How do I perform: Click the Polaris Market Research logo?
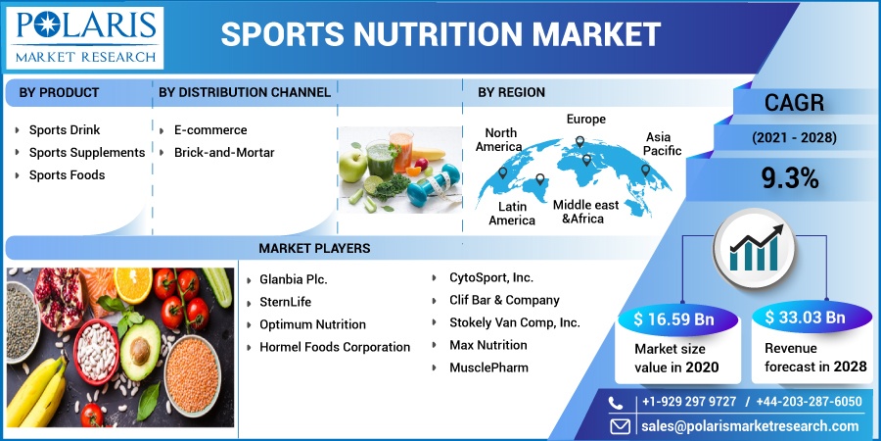coord(85,37)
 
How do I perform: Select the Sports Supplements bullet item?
coord(87,153)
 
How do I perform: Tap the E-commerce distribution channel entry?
coord(210,130)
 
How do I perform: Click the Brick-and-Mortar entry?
coord(224,153)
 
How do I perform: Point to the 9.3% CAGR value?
coord(790,179)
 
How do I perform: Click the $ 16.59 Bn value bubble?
coord(673,319)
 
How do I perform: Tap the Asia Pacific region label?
coord(663,143)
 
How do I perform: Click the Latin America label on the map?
coord(512,214)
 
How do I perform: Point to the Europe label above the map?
coord(586,120)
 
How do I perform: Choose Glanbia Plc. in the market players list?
coord(294,279)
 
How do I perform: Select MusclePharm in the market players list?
coord(488,367)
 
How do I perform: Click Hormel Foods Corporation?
coord(335,347)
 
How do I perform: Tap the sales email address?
coord(751,426)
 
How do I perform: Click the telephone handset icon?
coord(617,402)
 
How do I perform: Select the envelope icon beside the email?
coord(621,426)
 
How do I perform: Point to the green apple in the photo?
coord(352,167)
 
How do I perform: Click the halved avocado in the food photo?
coord(140,349)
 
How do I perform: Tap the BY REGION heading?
coord(511,92)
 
